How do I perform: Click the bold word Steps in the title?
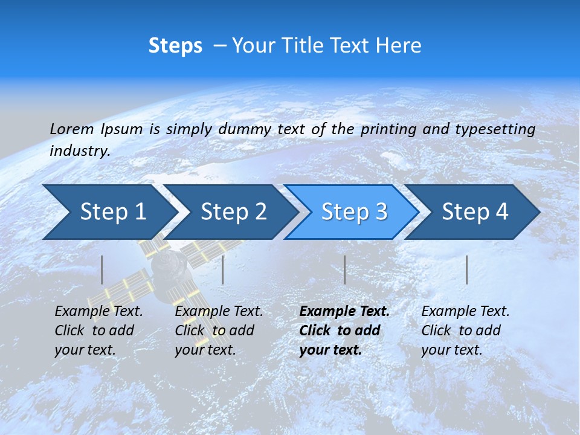(175, 46)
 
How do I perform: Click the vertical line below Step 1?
(102, 269)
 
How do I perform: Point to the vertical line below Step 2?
(223, 269)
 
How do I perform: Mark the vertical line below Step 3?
(344, 269)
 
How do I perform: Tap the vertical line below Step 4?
(466, 269)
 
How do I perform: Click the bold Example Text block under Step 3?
(344, 330)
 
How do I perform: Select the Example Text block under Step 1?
(98, 330)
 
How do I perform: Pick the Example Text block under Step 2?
(219, 330)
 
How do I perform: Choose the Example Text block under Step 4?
(465, 330)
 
